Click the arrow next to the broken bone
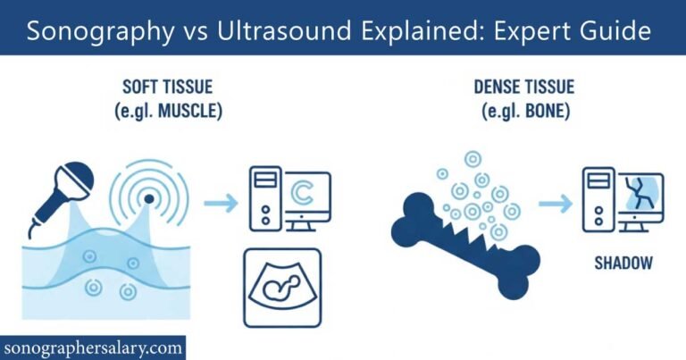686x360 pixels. pos(555,205)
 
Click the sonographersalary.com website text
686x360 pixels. pos(93,347)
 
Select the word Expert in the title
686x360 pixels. pos(537,31)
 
